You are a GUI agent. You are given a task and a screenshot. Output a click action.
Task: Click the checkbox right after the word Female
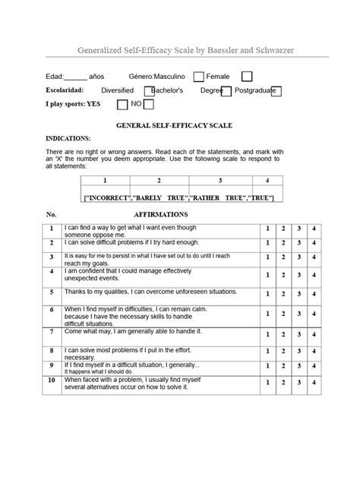(x=247, y=76)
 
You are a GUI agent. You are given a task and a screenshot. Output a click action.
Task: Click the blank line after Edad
(x=74, y=77)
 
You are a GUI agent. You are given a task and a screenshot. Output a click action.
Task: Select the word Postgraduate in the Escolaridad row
(x=257, y=90)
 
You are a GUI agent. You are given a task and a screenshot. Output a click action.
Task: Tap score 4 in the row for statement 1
(x=314, y=229)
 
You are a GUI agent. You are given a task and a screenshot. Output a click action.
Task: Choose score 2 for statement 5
(x=283, y=292)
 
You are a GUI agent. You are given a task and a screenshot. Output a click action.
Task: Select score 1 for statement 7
(x=267, y=333)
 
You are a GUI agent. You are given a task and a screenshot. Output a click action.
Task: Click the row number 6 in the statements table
(x=52, y=310)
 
